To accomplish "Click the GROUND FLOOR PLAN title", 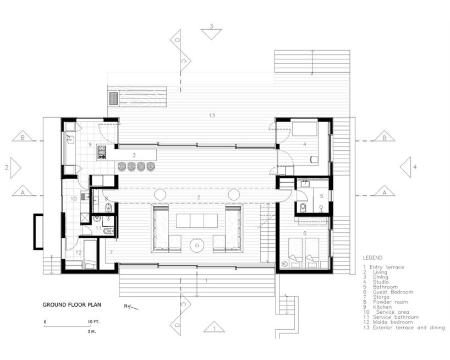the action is point(72,304).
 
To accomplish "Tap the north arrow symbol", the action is point(131,307).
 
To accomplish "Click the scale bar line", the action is point(67,326).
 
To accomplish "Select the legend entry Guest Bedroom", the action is point(393,292).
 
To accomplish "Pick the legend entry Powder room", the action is point(390,302).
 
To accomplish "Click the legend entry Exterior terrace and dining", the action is point(409,328).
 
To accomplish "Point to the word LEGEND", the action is point(372,258).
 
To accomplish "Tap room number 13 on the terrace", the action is point(212,116).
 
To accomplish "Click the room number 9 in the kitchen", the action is point(90,144).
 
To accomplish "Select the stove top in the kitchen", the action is point(101,152).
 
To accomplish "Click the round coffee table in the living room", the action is point(197,246).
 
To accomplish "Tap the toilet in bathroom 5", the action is point(303,207).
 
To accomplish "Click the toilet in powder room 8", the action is point(109,207).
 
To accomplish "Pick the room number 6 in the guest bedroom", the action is point(305,233).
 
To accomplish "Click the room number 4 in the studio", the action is point(305,144).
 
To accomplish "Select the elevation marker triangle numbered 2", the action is point(15,168).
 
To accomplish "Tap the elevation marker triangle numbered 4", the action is point(405,167).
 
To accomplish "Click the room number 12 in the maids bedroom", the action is point(78,253).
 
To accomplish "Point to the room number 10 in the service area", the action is point(74,198).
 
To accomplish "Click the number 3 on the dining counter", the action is point(134,155).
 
